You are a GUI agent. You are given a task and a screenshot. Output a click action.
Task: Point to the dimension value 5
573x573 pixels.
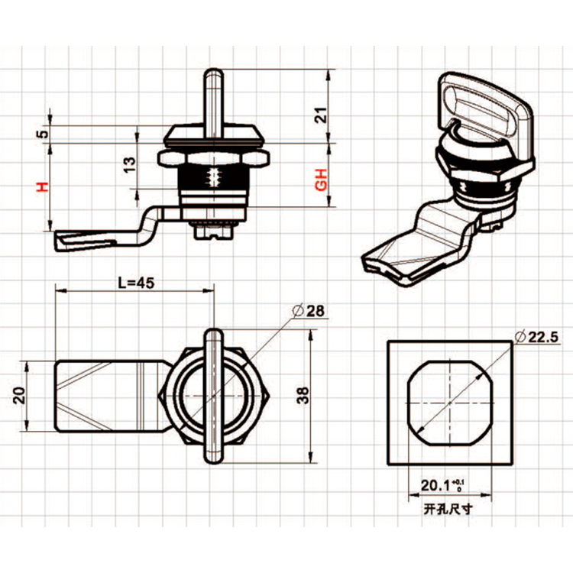point(44,133)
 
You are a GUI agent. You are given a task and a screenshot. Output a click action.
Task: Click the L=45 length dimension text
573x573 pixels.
point(137,282)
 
